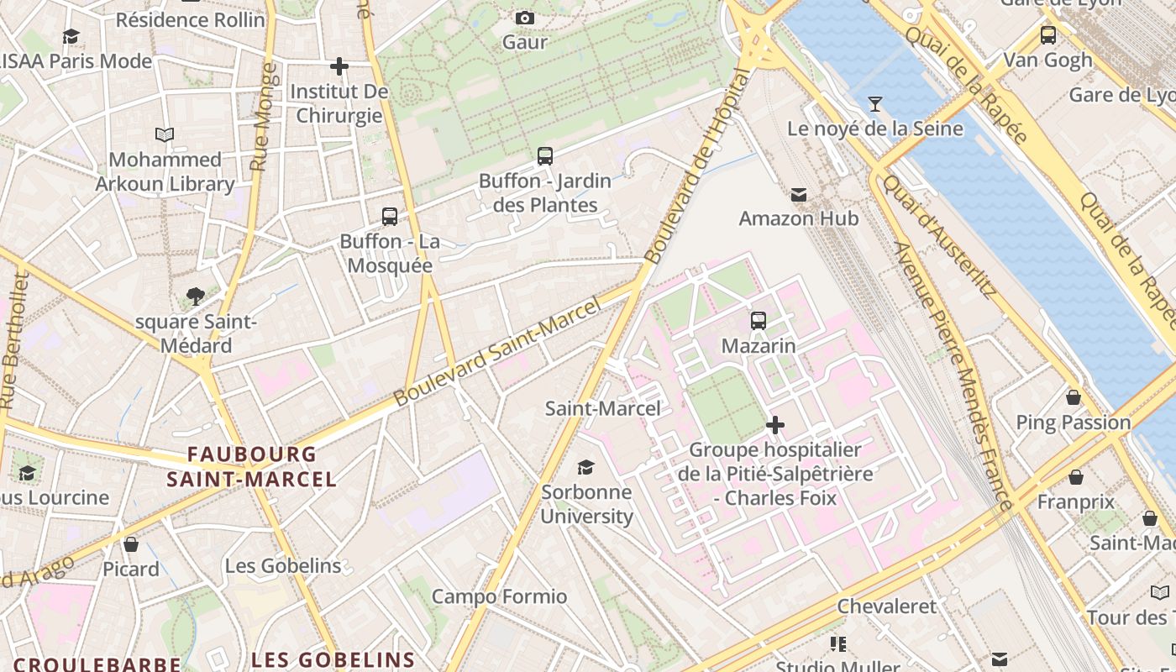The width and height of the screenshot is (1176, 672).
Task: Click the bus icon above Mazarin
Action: coord(758,320)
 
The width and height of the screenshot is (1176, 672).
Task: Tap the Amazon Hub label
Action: coord(798,218)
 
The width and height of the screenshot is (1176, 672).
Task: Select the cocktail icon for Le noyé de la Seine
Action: coord(875,104)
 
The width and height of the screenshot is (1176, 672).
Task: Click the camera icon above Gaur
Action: coord(525,18)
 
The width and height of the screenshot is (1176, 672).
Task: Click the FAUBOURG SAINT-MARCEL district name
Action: coord(251,467)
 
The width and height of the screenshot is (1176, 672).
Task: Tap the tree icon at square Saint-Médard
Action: coord(196,296)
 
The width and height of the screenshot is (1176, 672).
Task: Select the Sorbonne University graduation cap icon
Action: coord(585,467)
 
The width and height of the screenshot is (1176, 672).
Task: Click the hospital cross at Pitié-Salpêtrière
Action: coord(774,425)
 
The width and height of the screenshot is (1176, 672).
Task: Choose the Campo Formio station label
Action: coord(499,596)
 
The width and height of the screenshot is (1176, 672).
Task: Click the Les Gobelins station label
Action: coord(283,565)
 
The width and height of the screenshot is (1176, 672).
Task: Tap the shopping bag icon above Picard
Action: coord(131,544)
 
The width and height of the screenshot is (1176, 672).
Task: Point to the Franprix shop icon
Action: coord(1075,477)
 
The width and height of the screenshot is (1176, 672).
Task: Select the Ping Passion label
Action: coord(1073,422)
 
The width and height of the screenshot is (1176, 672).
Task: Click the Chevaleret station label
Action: coord(886,606)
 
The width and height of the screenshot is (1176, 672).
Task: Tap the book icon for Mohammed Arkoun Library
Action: coord(165,134)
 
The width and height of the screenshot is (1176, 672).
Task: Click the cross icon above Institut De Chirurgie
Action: coord(339,66)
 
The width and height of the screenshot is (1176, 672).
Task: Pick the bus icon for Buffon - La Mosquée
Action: coord(389,217)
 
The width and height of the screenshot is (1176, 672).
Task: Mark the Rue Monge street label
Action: coord(264,118)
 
